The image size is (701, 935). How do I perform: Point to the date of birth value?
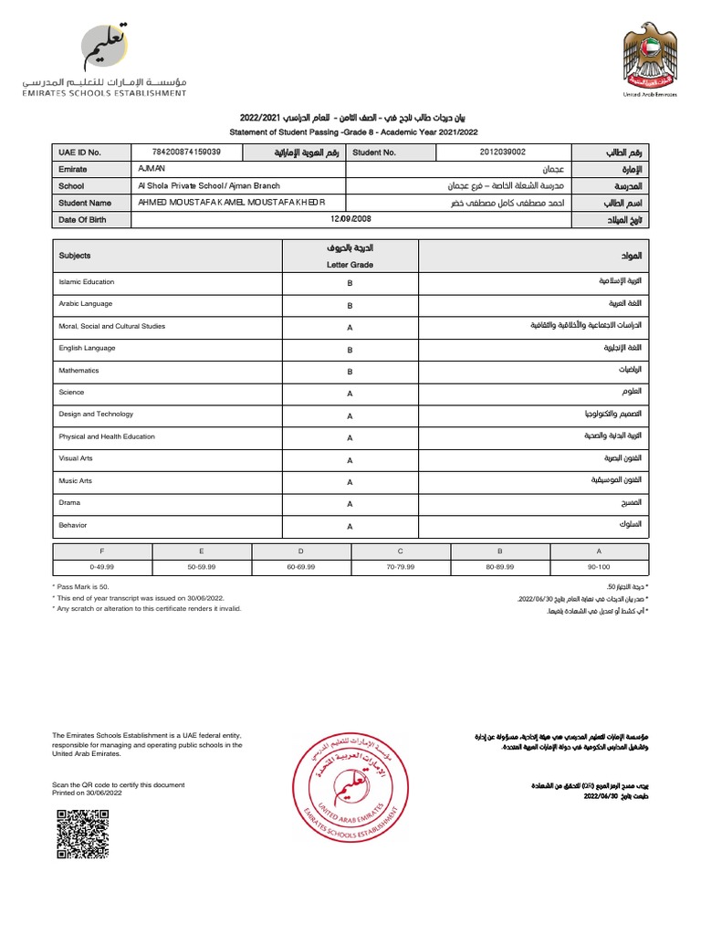pos(350,219)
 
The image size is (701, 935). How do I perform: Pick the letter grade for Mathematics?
pos(350,372)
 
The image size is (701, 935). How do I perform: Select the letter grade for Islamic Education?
pos(350,283)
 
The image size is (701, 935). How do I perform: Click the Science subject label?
pos(72,393)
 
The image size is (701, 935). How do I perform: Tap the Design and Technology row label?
pos(96,415)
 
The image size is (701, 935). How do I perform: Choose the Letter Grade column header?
pos(350,265)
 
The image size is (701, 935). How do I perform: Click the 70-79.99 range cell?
pos(401,567)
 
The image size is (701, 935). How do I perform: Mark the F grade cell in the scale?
pos(102,552)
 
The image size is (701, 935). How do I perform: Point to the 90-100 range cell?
pos(599,567)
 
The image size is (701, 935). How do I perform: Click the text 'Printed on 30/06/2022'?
pos(88,793)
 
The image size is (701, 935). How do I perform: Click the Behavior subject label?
pos(73,525)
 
